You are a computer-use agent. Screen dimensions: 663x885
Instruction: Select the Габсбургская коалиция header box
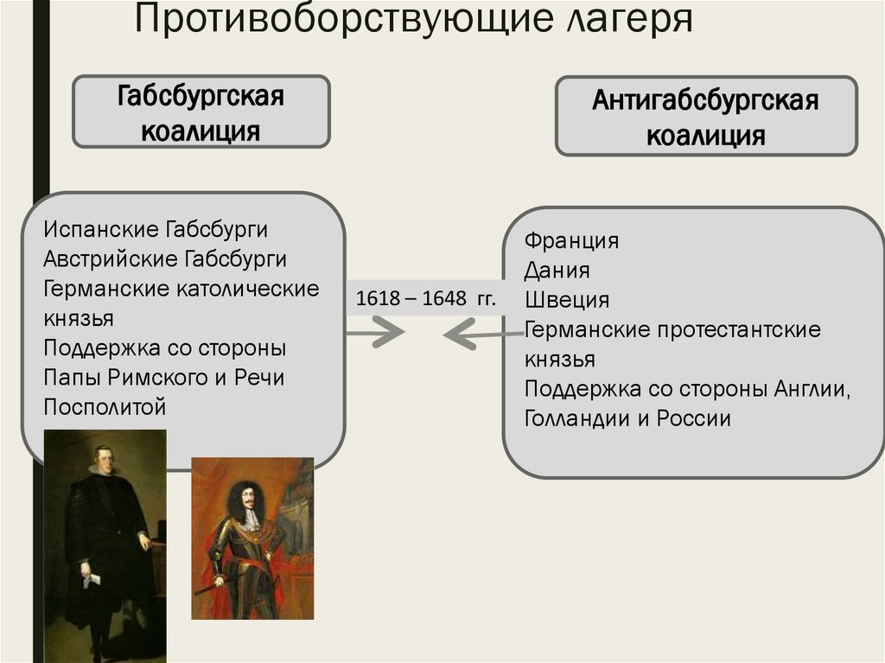201,112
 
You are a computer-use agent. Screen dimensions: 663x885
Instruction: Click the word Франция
571,240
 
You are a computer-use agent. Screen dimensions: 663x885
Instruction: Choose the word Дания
557,270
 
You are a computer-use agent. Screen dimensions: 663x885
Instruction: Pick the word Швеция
566,300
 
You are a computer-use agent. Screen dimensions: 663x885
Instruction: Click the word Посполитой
104,406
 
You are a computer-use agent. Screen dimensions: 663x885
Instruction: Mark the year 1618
376,298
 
